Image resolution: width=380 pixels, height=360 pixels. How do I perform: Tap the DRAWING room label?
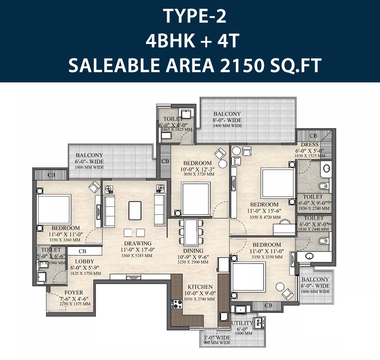[x=138, y=243]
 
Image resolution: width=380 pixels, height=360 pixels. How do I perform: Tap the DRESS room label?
[x=310, y=144]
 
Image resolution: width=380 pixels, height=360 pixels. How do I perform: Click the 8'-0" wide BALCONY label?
[x=227, y=114]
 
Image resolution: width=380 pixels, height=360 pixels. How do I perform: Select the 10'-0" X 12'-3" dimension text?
[x=197, y=169]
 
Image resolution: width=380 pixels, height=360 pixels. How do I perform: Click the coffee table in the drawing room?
[x=135, y=210]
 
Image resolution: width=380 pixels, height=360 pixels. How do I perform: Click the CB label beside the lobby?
[x=82, y=251]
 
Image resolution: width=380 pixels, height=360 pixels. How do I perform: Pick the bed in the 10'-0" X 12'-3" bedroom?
[x=196, y=198]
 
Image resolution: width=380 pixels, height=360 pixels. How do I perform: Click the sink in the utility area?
[x=240, y=309]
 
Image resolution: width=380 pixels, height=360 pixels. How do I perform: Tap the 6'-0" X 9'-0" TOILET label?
[x=313, y=197]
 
